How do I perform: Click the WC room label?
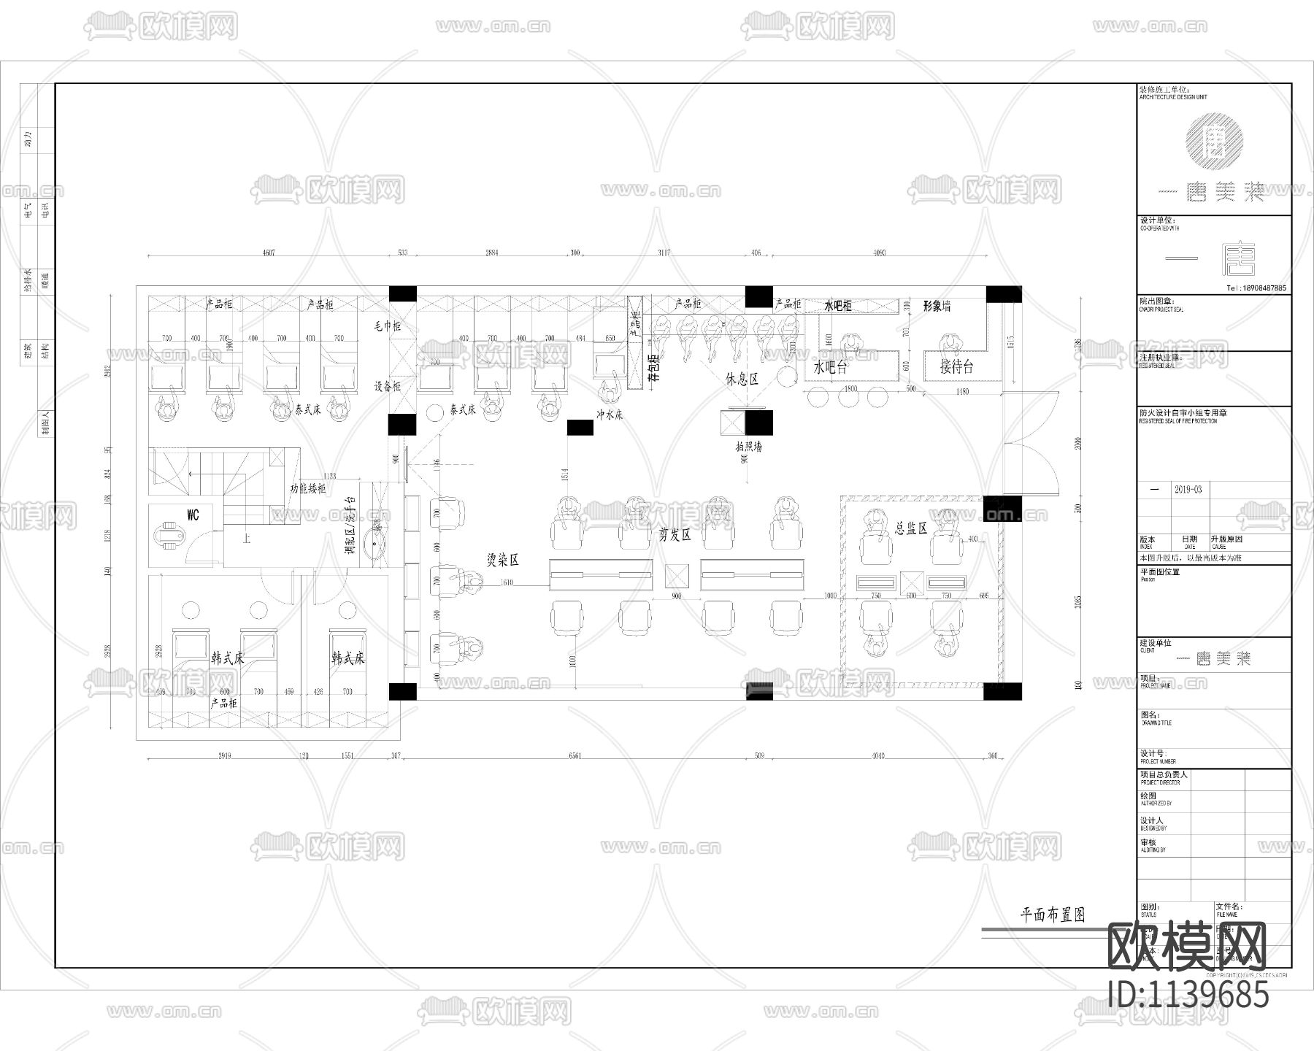(193, 515)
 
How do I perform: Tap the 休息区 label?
(742, 380)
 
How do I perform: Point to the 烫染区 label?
(502, 560)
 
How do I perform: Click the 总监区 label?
(910, 528)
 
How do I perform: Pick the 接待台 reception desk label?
(956, 366)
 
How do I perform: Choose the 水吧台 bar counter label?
(830, 367)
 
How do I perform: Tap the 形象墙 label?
(937, 307)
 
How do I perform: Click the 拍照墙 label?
(748, 447)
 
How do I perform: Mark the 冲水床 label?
(610, 415)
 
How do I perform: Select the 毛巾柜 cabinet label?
(388, 326)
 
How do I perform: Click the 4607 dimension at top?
(269, 253)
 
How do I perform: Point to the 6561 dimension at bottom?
(575, 756)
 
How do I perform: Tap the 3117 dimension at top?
(664, 253)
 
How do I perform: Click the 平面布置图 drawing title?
(1052, 915)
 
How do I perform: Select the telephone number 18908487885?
(1256, 288)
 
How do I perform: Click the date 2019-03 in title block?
(1188, 489)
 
